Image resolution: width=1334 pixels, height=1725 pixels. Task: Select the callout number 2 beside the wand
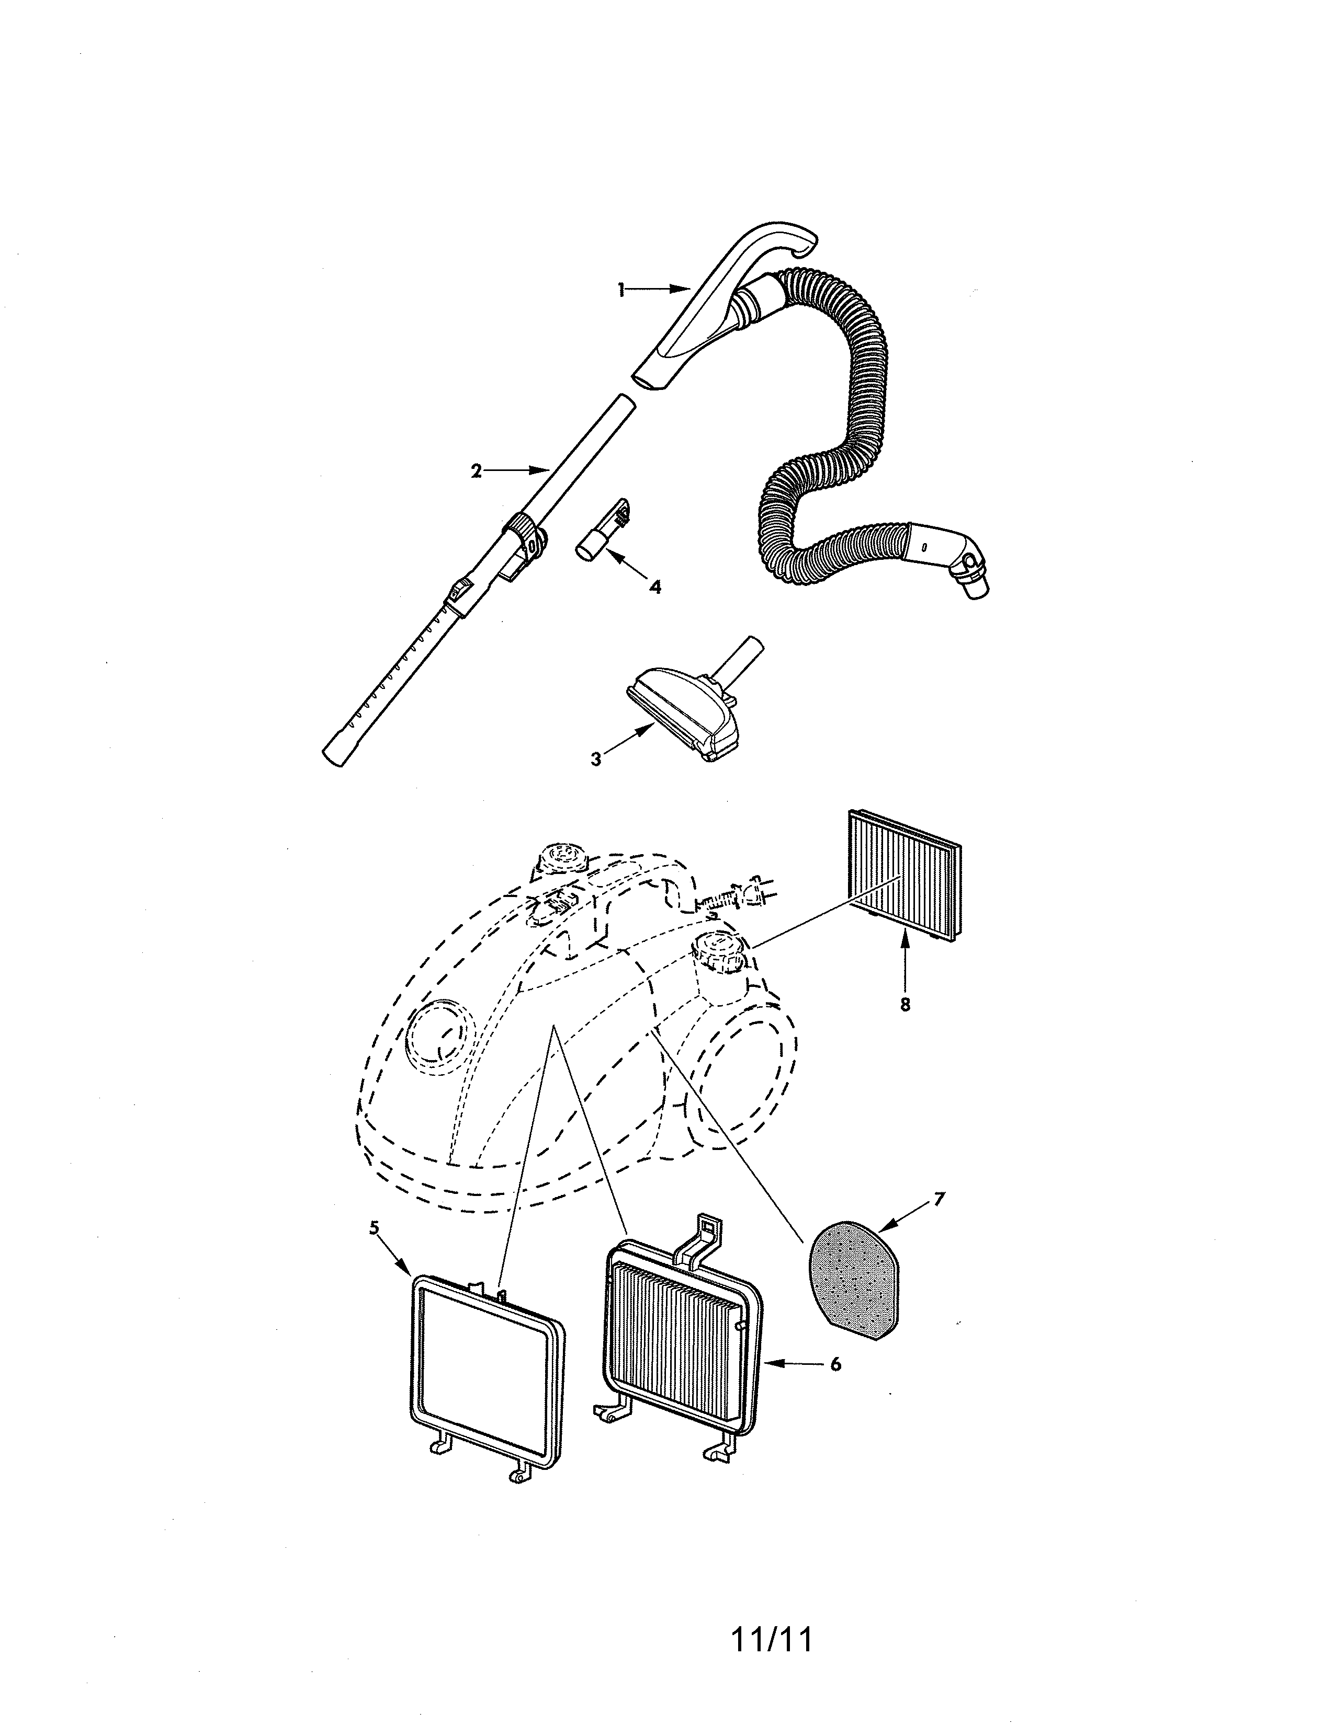tap(476, 471)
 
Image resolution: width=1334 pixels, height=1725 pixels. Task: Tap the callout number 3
tap(596, 758)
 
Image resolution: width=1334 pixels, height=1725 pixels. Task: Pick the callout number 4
tap(654, 587)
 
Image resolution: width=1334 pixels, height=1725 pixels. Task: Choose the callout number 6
tap(835, 1363)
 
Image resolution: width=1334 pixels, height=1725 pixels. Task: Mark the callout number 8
tap(905, 1004)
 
